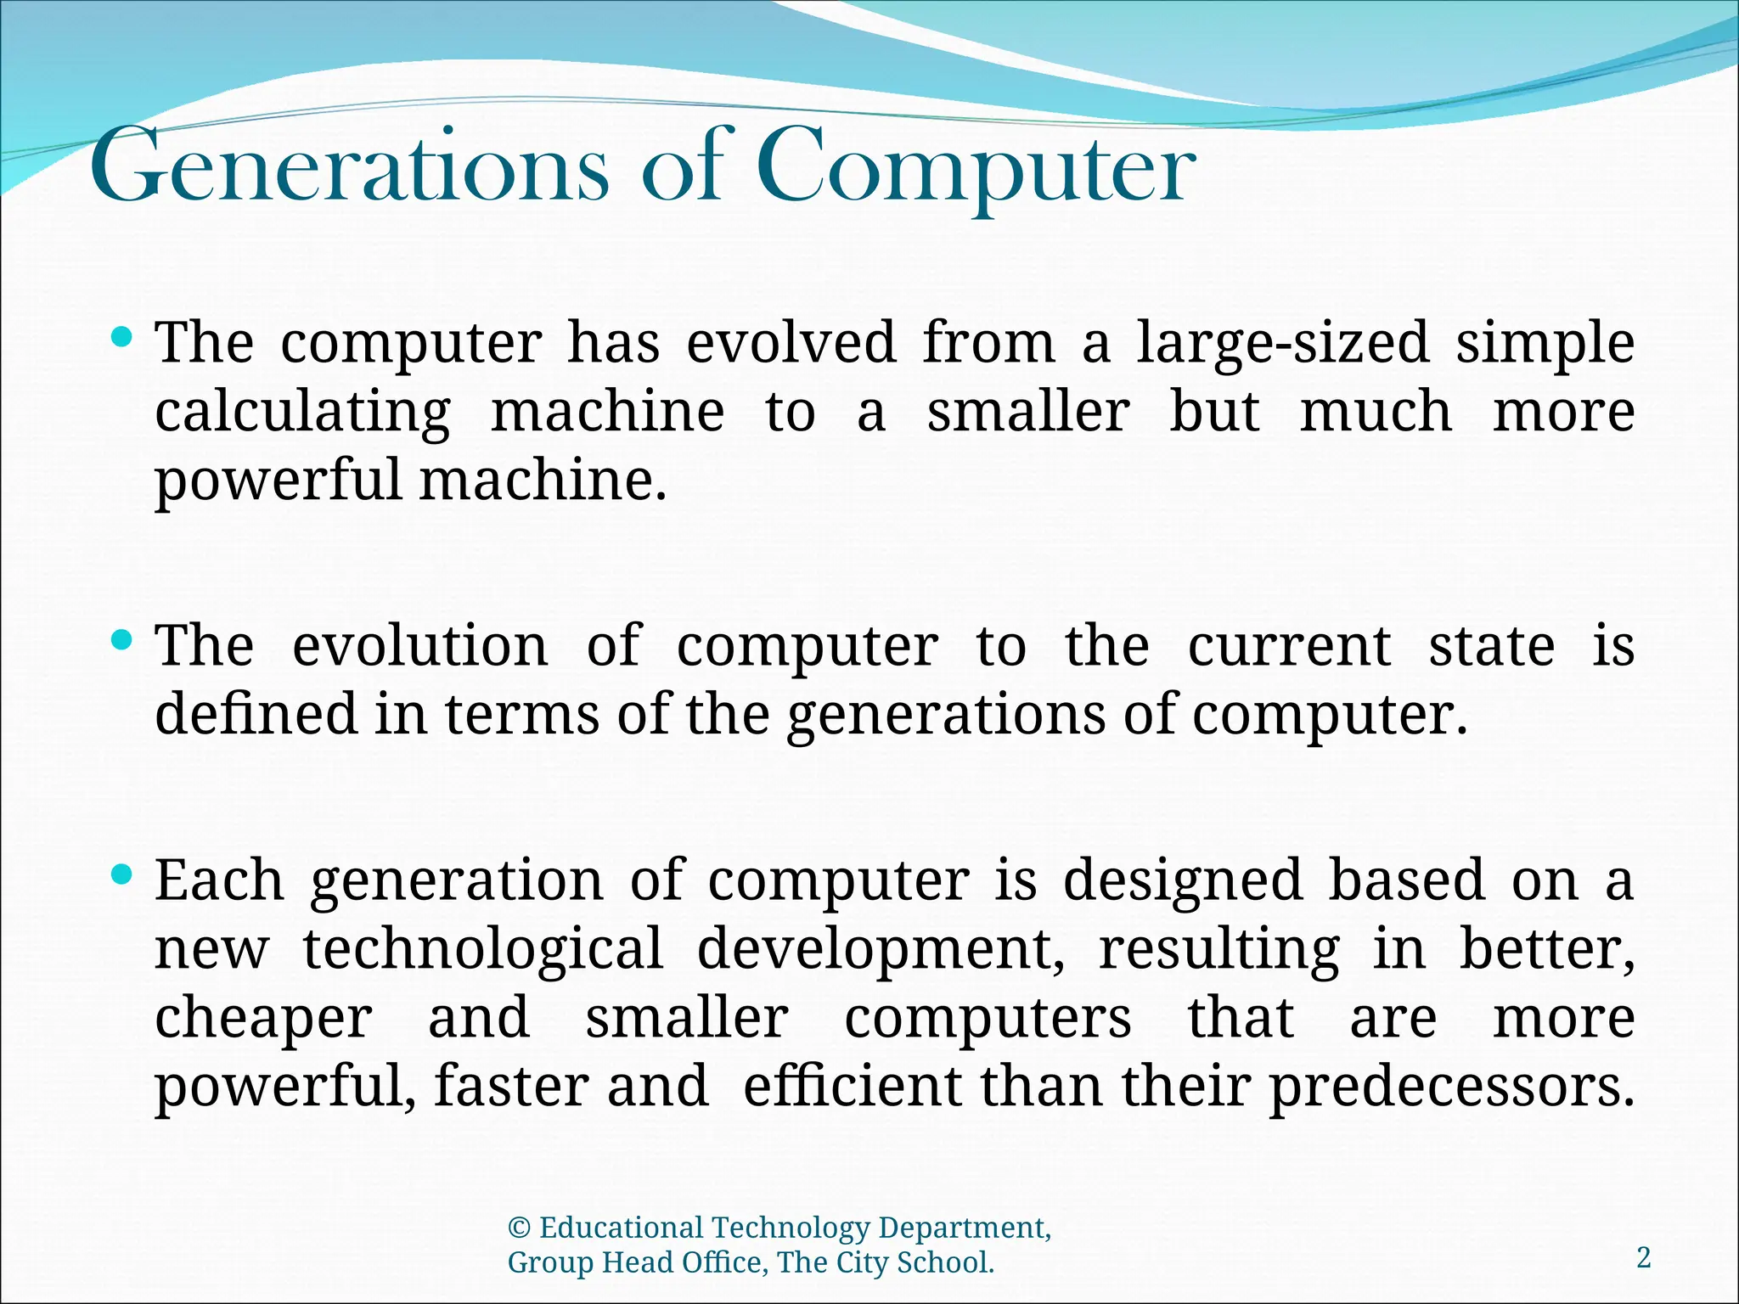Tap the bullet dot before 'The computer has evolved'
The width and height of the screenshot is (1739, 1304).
point(122,337)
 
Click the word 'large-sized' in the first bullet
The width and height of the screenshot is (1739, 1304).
point(1283,344)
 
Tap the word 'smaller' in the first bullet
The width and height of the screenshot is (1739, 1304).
point(1027,412)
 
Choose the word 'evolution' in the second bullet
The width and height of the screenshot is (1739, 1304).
point(420,646)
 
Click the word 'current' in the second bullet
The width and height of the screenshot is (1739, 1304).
point(1289,648)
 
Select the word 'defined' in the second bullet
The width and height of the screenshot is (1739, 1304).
point(256,714)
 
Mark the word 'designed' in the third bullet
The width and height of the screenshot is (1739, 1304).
point(1183,881)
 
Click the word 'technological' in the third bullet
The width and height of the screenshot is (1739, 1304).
point(483,949)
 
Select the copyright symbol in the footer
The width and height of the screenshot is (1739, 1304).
point(519,1228)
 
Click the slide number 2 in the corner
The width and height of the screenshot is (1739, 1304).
point(1644,1257)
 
